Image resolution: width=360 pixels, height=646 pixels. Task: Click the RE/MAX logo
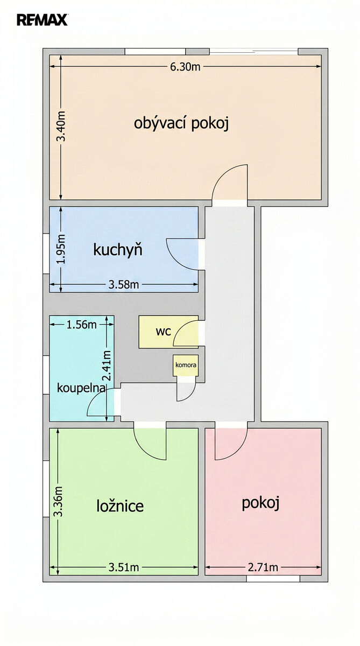(42, 20)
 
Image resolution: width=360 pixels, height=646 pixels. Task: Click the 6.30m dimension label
(185, 67)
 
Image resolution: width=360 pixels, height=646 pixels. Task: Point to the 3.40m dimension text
(61, 126)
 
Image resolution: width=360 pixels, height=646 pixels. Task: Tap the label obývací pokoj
(181, 124)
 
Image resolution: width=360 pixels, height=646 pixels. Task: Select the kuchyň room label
(118, 250)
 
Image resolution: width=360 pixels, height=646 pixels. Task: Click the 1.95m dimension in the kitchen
(61, 249)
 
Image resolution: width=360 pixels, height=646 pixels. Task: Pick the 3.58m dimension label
(124, 285)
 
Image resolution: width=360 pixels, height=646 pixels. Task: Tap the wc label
(164, 332)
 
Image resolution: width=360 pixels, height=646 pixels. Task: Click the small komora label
(186, 365)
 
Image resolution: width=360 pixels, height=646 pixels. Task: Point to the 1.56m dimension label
(82, 325)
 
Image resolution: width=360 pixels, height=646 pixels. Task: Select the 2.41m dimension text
(107, 366)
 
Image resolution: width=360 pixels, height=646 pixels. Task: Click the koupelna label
(81, 388)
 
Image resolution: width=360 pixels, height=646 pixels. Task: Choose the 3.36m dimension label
(59, 502)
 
